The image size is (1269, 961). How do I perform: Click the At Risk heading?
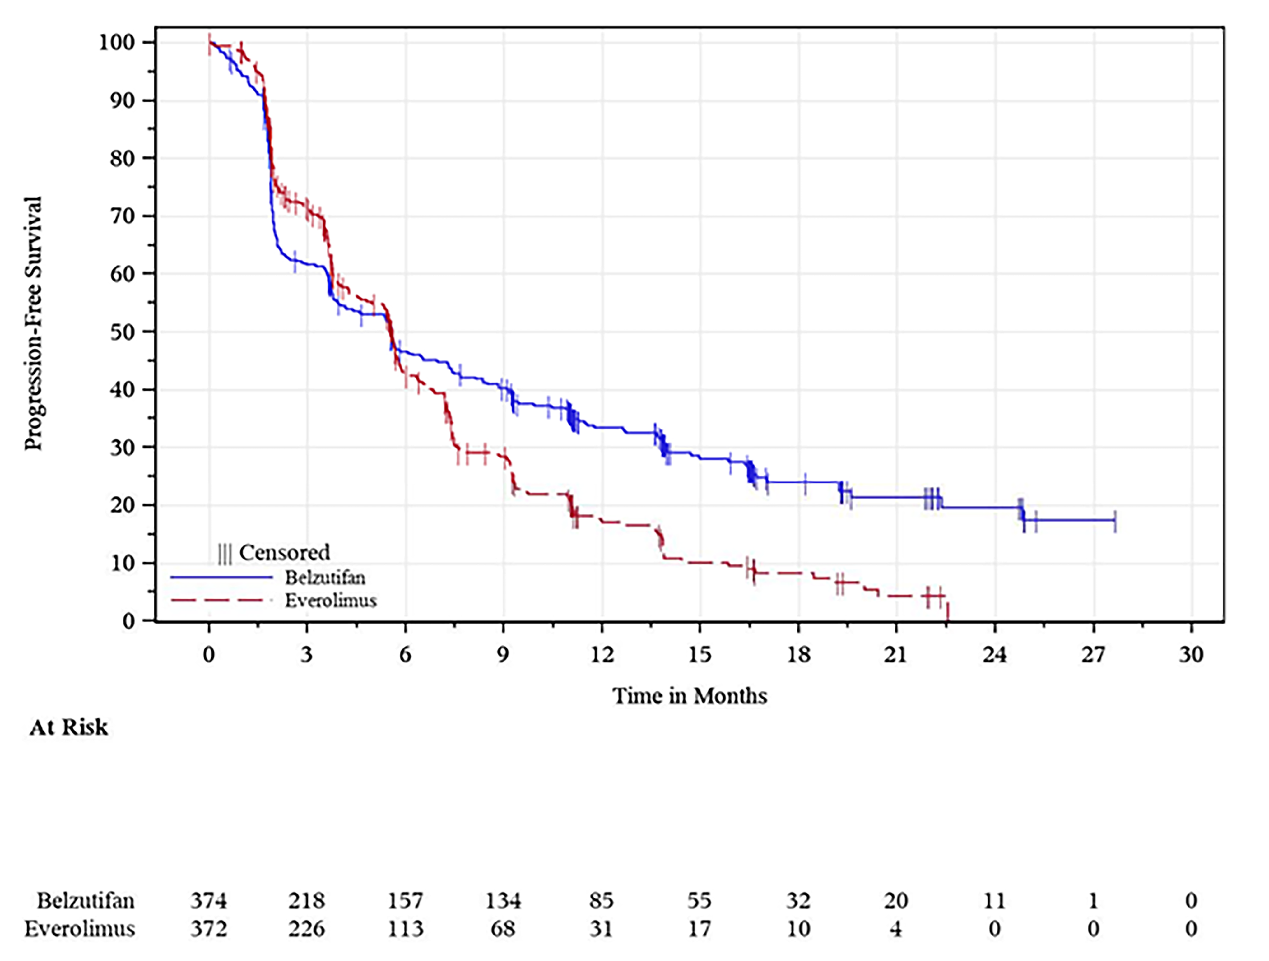(x=68, y=727)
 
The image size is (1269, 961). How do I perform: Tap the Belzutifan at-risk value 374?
(x=208, y=901)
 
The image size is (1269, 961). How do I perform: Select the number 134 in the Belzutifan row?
(x=503, y=901)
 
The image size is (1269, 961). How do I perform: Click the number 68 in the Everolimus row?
(x=503, y=928)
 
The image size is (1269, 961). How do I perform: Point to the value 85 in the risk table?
(x=601, y=901)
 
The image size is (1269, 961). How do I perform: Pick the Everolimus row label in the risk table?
(x=80, y=928)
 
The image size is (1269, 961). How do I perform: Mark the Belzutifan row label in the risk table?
(x=86, y=901)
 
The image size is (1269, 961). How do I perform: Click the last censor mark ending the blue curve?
(x=1115, y=520)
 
